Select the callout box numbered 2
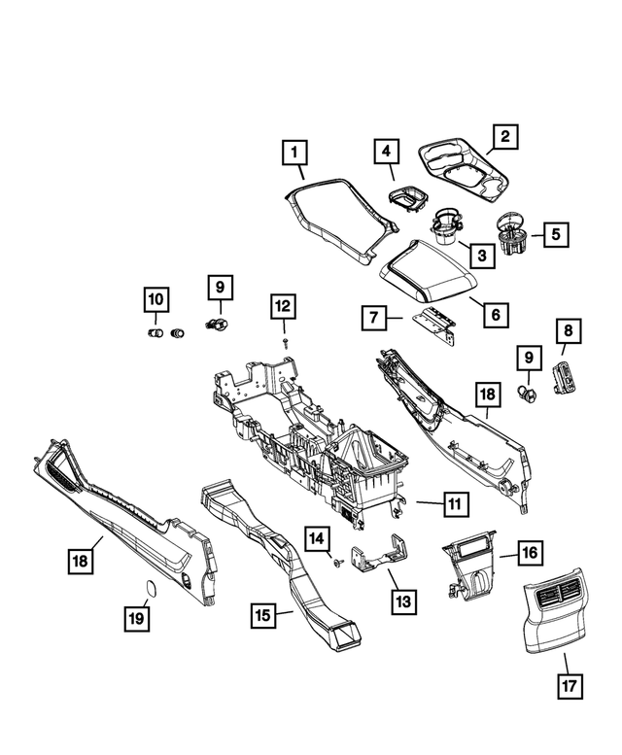504,138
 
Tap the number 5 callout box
556,234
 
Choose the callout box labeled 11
454,504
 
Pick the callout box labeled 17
569,686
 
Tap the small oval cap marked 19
151,586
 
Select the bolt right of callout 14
334,565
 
